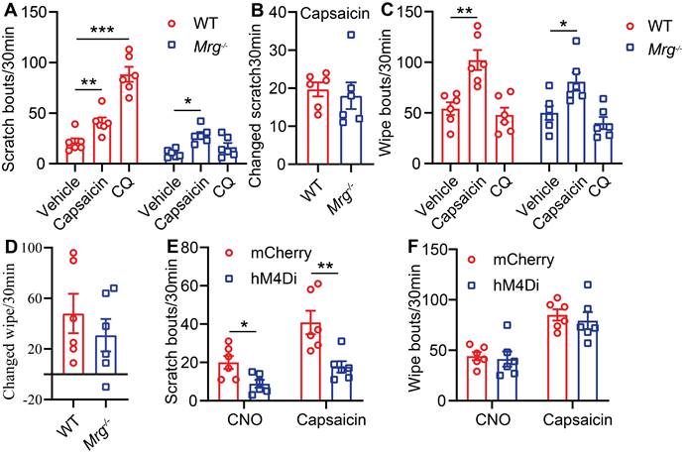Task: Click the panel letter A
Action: click(9, 11)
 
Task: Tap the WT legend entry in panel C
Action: click(645, 20)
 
